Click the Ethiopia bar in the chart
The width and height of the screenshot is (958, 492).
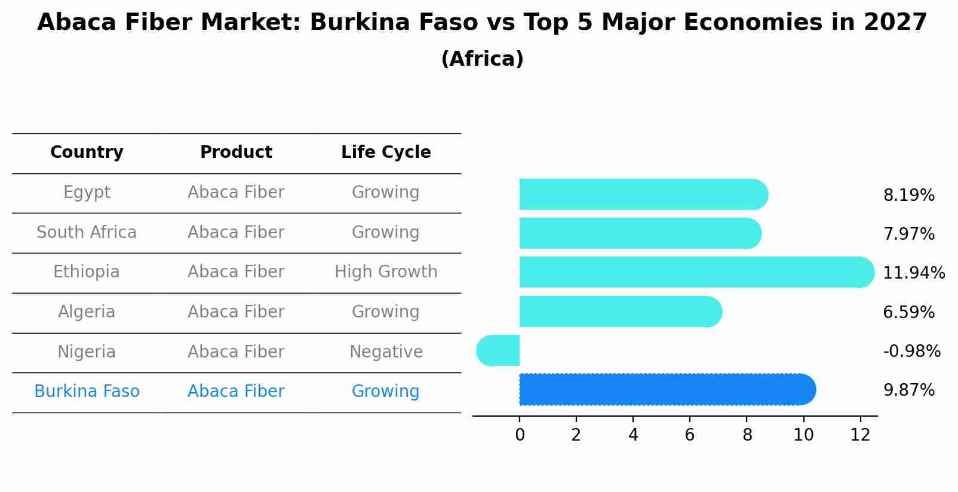696,272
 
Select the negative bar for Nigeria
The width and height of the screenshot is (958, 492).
499,350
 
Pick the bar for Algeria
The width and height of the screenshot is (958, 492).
620,311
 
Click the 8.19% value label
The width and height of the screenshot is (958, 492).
908,195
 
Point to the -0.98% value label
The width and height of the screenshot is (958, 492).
911,351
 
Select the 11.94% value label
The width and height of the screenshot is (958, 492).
913,273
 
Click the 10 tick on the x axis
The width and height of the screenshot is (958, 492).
803,435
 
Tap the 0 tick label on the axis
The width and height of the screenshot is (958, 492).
520,435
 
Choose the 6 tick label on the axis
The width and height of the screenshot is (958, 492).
690,435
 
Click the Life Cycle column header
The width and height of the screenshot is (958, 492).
386,152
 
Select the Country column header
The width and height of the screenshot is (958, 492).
87,152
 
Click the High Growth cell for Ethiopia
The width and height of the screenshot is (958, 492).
386,272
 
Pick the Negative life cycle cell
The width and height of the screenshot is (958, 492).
386,352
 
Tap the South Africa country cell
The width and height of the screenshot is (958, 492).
87,232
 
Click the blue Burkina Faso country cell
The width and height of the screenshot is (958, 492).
87,391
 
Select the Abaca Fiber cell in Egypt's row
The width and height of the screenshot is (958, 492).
236,192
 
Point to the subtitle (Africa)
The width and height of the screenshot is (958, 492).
482,59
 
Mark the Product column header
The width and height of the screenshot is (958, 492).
236,152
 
